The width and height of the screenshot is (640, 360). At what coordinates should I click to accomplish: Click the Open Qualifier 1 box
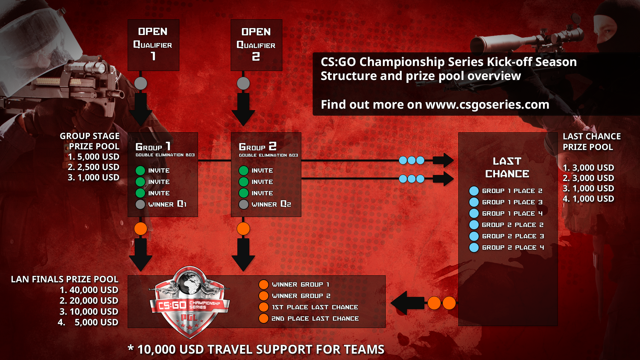click(153, 45)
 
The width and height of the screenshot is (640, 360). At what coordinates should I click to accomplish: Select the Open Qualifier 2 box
click(256, 45)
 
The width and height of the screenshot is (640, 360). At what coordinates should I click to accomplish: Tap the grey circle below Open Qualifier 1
click(141, 83)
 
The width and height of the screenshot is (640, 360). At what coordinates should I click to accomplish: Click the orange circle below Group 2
click(243, 229)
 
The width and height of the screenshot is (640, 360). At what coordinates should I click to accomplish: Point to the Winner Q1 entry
click(167, 204)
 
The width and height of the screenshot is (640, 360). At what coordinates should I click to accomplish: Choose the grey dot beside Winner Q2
click(244, 204)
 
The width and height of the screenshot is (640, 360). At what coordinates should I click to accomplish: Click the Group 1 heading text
click(153, 147)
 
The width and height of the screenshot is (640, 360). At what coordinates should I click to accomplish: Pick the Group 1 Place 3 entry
click(512, 202)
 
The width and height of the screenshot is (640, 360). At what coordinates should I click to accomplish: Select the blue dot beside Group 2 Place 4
click(474, 247)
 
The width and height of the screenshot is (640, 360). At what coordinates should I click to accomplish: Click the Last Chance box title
click(507, 167)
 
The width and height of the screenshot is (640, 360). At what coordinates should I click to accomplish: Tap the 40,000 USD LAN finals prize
click(93, 290)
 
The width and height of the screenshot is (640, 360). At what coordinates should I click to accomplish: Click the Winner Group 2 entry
click(301, 296)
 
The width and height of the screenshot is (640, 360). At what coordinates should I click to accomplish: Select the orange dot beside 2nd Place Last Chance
click(264, 318)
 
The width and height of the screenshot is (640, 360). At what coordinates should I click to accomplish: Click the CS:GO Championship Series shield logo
click(190, 302)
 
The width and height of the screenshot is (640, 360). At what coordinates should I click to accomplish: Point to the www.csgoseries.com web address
click(487, 105)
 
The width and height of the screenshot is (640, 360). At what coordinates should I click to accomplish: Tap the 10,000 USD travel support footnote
click(256, 349)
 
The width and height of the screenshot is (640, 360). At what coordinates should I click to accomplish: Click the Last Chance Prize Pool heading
click(592, 142)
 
